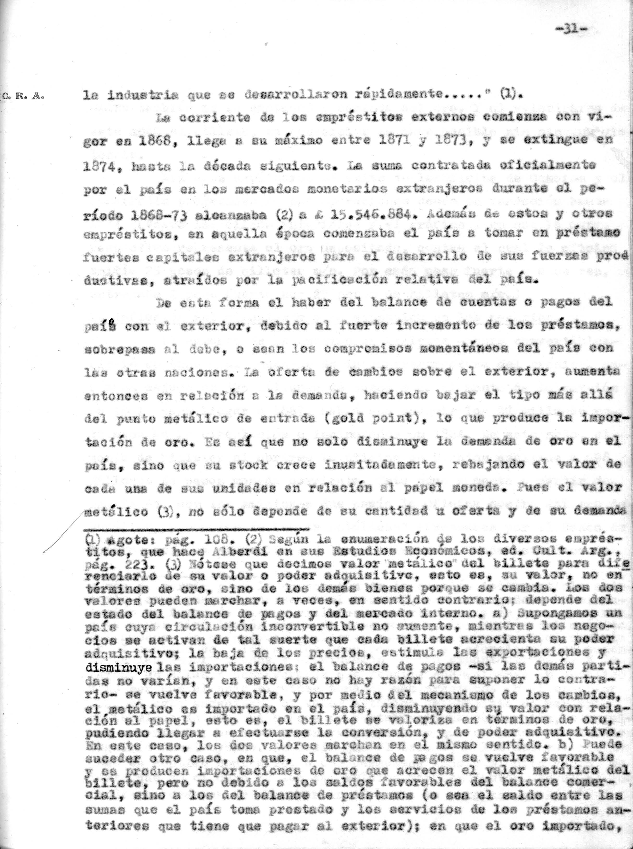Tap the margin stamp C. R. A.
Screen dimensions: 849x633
pos(23,96)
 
